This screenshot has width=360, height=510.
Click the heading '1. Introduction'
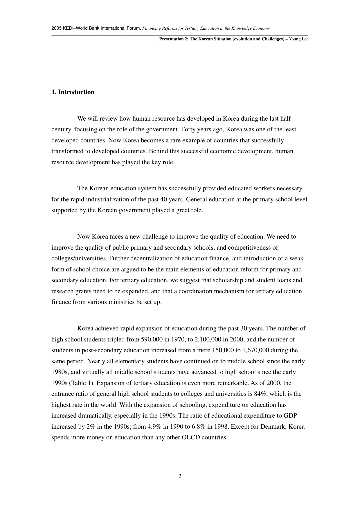[73, 92]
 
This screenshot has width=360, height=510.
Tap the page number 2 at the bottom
[180, 476]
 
